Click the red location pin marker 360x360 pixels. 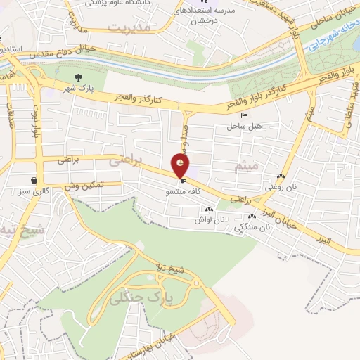point(181,166)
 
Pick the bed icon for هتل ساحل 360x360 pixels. point(244,116)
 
